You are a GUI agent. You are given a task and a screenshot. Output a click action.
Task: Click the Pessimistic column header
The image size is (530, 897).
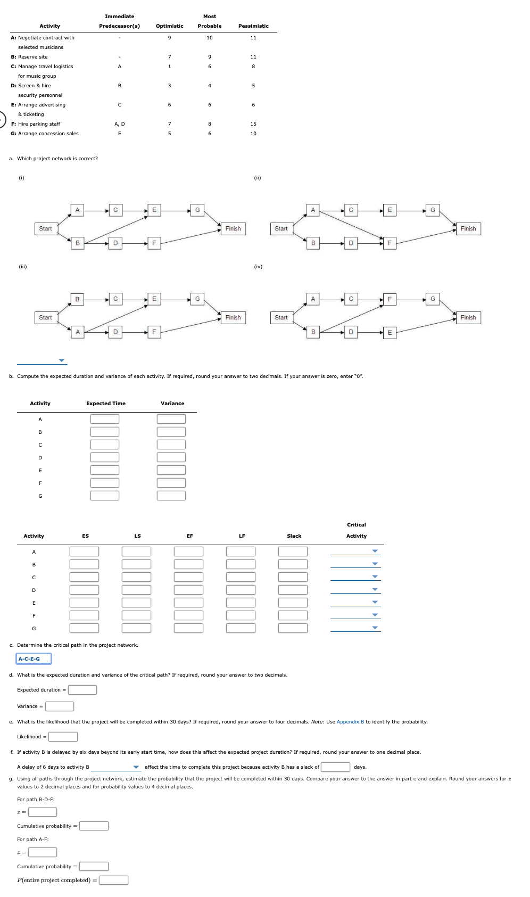click(253, 26)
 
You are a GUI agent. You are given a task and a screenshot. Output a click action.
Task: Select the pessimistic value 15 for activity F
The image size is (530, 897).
click(253, 124)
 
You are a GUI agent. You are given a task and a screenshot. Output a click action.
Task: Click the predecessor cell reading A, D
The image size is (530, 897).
click(120, 124)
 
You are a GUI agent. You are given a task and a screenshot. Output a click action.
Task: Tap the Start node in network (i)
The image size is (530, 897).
click(46, 229)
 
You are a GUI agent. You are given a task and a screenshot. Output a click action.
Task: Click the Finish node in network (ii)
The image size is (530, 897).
click(468, 229)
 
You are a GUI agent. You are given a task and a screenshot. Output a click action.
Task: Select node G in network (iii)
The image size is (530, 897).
click(197, 299)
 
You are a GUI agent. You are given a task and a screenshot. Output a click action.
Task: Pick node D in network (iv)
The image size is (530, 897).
click(351, 332)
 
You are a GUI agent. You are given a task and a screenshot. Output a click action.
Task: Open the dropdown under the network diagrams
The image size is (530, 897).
click(42, 360)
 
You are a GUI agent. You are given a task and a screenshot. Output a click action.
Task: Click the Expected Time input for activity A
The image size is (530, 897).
click(105, 419)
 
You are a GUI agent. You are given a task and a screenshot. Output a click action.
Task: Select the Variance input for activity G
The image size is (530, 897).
click(171, 496)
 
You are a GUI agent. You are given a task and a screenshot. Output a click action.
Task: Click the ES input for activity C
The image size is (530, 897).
click(84, 577)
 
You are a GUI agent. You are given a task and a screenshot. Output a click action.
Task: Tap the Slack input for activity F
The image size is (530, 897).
click(293, 615)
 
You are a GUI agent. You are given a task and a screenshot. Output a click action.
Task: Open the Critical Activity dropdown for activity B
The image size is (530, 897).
click(355, 564)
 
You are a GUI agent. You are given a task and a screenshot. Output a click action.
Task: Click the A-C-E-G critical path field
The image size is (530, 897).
click(34, 659)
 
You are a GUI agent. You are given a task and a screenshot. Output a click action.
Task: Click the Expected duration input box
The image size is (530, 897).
click(82, 690)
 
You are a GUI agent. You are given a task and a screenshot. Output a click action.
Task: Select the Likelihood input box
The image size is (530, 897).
click(63, 737)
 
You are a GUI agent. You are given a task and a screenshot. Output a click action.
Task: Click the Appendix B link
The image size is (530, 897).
click(350, 722)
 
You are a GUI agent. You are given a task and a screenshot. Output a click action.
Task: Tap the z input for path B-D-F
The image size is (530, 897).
click(43, 812)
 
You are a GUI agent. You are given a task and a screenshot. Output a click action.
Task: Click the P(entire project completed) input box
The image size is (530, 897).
click(113, 880)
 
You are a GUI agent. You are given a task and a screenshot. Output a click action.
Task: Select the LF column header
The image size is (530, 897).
click(242, 536)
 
